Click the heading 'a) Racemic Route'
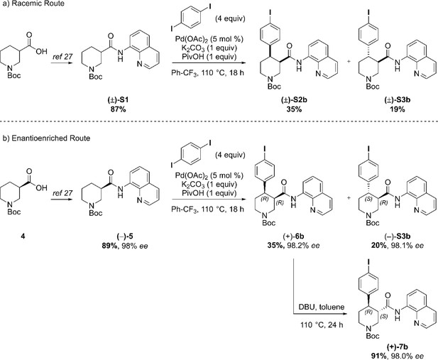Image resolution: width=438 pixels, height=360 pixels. (x=33, y=4)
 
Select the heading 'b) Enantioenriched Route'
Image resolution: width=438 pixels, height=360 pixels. (x=45, y=138)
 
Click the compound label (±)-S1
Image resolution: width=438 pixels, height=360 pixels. (x=118, y=100)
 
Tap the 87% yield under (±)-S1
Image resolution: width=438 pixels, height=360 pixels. (x=118, y=109)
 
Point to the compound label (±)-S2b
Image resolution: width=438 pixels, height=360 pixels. (x=294, y=100)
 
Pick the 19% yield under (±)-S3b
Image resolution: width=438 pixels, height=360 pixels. (x=398, y=109)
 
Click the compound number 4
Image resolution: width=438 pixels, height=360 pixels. (x=23, y=236)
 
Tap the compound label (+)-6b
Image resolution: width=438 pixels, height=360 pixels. (x=293, y=236)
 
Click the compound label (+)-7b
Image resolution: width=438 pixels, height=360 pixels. (x=398, y=347)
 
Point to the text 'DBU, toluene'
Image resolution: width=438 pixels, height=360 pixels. (x=322, y=307)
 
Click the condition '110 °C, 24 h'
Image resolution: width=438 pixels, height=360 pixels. (x=322, y=324)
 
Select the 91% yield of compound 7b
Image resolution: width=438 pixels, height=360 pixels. (x=379, y=356)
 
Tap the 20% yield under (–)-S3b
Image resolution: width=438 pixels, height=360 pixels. (x=379, y=246)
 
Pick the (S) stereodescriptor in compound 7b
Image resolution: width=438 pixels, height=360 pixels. (x=384, y=317)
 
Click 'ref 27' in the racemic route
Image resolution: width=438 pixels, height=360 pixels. (x=62, y=57)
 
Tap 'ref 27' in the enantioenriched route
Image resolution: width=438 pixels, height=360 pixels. (x=62, y=193)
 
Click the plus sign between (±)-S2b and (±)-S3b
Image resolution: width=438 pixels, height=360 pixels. (x=349, y=62)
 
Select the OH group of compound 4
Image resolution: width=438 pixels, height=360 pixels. (x=41, y=188)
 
